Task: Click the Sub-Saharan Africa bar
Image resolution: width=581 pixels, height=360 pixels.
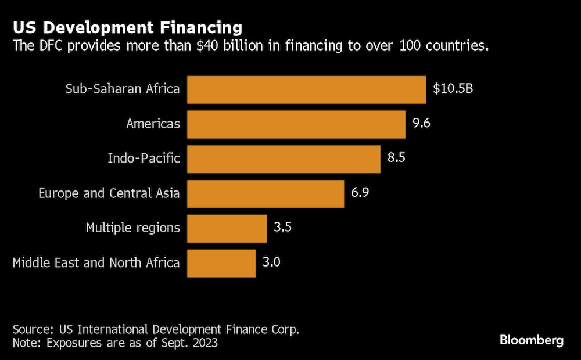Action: point(306,89)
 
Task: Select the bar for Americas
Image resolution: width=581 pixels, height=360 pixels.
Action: point(296,124)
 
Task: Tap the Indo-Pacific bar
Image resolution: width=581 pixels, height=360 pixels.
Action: point(284,159)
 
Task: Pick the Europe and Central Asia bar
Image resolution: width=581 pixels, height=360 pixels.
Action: point(266,193)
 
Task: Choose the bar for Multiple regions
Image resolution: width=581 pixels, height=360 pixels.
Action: point(227,228)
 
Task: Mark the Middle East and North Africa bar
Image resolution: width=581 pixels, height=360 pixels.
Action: point(221,262)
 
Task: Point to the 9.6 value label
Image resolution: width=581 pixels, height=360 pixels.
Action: point(421,124)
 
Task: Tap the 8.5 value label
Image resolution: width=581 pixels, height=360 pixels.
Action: point(396,159)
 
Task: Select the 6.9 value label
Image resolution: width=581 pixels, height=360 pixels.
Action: point(360,193)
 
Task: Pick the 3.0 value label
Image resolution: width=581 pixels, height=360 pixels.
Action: point(271,262)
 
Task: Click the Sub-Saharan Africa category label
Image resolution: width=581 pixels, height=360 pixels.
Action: point(122,89)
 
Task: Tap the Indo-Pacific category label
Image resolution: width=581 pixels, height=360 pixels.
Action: point(144,159)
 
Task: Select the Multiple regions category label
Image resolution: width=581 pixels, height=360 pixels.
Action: point(132,228)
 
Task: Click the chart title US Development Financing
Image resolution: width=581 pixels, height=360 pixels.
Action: point(127,27)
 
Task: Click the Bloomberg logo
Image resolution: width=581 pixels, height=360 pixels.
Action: point(532,340)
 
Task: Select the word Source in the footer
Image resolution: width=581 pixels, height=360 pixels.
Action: point(30,329)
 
